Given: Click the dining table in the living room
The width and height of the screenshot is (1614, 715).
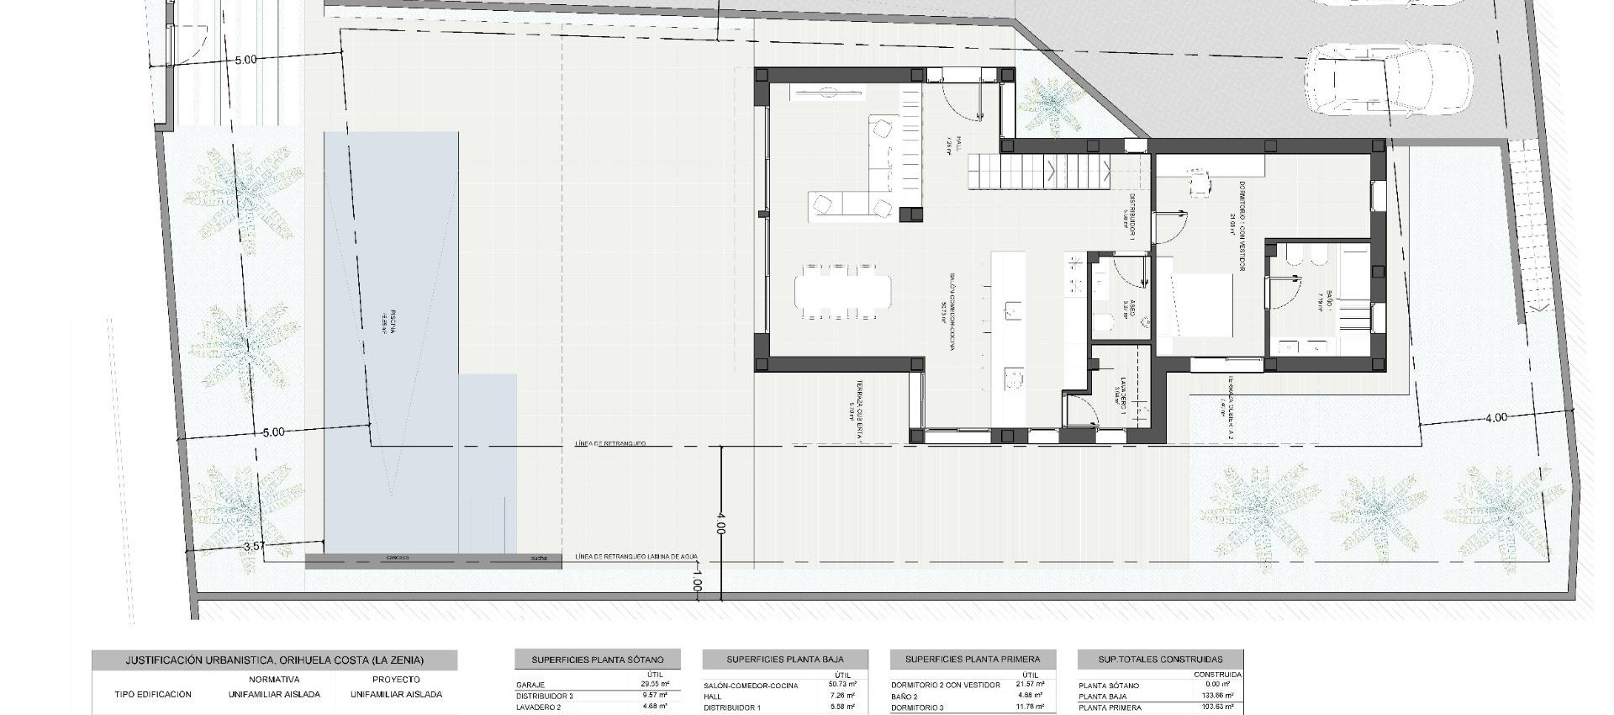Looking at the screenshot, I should [x=842, y=291].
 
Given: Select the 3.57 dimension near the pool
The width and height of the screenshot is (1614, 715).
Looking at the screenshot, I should [x=254, y=546].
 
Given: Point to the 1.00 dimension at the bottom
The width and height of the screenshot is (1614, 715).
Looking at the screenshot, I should [x=697, y=580].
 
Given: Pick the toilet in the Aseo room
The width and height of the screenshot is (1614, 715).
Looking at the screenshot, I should [x=1101, y=322].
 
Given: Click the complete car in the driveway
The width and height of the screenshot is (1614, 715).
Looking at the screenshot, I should [x=1387, y=80].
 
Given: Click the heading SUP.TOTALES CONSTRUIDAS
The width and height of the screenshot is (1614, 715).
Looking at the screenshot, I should [x=1160, y=659].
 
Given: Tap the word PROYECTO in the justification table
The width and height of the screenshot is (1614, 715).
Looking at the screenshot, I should [x=396, y=679].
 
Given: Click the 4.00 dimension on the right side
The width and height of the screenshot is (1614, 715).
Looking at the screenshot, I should [x=1496, y=417].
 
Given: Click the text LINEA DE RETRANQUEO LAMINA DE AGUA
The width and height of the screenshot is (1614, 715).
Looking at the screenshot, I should [x=636, y=557].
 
